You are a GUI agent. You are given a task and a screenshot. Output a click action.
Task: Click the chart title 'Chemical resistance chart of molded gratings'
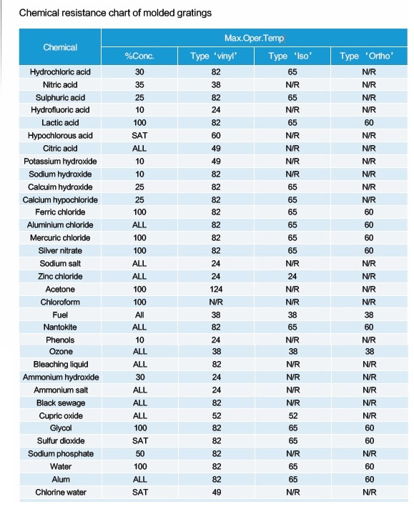pyautogui.click(x=115, y=13)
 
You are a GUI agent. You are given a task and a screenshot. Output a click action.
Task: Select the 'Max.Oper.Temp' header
pyautogui.click(x=255, y=39)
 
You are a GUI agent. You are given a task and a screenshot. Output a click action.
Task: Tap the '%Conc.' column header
pyautogui.click(x=139, y=56)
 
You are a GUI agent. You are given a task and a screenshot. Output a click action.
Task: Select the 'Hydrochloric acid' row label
pyautogui.click(x=60, y=71)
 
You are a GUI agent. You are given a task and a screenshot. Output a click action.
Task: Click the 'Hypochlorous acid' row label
pyautogui.click(x=60, y=135)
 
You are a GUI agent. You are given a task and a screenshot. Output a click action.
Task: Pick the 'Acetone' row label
pyautogui.click(x=60, y=290)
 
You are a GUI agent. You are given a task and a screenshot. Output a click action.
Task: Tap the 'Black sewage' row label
pyautogui.click(x=61, y=403)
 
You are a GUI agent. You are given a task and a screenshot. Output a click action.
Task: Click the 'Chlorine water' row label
pyautogui.click(x=61, y=492)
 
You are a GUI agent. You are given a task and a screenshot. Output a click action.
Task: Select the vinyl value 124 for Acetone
pyautogui.click(x=216, y=290)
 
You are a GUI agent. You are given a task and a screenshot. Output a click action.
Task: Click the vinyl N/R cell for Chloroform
pyautogui.click(x=216, y=302)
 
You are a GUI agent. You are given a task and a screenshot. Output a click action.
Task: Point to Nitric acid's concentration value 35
pyautogui.click(x=139, y=85)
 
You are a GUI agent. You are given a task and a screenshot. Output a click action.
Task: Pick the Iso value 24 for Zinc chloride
pyautogui.click(x=292, y=276)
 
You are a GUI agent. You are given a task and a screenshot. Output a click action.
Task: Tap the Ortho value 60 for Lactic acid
pyautogui.click(x=369, y=123)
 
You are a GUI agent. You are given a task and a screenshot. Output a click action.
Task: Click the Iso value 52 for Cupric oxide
pyautogui.click(x=293, y=416)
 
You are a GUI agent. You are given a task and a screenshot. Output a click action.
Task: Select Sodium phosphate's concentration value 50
pyautogui.click(x=140, y=453)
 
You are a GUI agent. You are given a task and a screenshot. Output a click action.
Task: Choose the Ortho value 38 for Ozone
pyautogui.click(x=370, y=352)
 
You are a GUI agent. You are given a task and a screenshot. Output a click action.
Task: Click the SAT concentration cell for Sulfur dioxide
pyautogui.click(x=140, y=441)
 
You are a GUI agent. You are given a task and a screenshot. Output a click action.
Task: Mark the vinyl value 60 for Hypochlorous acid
pyautogui.click(x=216, y=135)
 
